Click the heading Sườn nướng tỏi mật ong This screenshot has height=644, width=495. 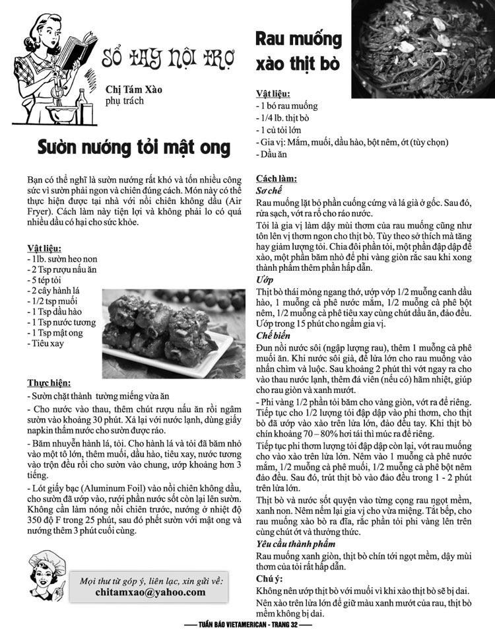(x=133, y=145)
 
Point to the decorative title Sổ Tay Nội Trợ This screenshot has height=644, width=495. (x=168, y=60)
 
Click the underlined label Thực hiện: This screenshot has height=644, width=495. (x=49, y=382)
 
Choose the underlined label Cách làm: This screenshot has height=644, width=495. (x=276, y=178)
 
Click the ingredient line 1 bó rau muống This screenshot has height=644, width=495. (x=286, y=106)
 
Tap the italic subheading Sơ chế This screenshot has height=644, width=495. (x=269, y=190)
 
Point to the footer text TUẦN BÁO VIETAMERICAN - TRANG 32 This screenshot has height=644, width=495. (x=247, y=624)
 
